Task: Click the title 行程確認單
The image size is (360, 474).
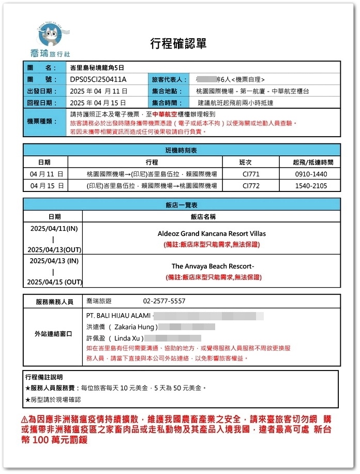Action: click(178, 43)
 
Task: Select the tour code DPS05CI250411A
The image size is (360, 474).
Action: click(98, 79)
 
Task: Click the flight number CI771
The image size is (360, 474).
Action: click(251, 174)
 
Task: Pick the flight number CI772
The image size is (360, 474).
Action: click(251, 186)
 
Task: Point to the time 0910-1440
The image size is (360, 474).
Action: click(310, 174)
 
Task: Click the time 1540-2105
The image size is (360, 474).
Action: click(310, 186)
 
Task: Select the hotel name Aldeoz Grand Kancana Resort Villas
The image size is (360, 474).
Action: click(212, 233)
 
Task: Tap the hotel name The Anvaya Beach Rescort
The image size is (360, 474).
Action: click(213, 266)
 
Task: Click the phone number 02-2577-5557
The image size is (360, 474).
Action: click(164, 301)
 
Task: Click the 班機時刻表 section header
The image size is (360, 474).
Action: click(182, 150)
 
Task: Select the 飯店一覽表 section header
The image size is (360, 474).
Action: click(182, 204)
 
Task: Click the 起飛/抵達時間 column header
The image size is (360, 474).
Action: click(310, 162)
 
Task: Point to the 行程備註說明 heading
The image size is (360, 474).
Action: click(48, 377)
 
